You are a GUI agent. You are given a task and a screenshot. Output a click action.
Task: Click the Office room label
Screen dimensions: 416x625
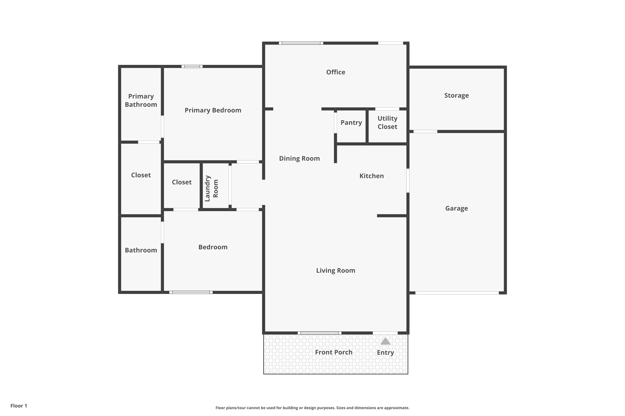(x=335, y=72)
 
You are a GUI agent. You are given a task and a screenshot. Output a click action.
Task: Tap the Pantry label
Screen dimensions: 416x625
(x=351, y=123)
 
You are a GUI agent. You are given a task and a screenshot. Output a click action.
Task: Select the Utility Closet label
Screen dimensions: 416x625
(x=387, y=123)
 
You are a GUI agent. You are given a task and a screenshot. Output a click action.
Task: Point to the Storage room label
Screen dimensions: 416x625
(x=456, y=95)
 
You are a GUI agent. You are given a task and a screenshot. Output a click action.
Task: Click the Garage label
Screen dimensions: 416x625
(x=456, y=208)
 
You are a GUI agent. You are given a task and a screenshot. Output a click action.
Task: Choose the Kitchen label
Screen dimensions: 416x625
(x=371, y=176)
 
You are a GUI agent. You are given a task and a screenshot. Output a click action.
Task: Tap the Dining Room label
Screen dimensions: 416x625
(x=299, y=158)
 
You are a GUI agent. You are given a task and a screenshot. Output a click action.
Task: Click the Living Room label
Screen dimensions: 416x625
(x=335, y=271)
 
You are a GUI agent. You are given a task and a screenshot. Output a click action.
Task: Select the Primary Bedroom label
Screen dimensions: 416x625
(x=213, y=110)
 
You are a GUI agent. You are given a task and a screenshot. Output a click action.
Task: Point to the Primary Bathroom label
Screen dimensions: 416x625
(x=141, y=101)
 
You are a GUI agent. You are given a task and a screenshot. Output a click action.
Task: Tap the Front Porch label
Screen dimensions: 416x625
(x=334, y=352)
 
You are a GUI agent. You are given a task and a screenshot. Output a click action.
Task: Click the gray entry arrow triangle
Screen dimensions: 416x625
(x=385, y=341)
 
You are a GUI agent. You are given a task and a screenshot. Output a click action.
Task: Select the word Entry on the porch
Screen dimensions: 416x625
(x=385, y=353)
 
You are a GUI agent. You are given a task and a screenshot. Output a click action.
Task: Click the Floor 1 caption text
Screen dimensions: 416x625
(x=19, y=406)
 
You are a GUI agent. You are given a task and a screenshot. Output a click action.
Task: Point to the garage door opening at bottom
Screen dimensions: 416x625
(x=457, y=293)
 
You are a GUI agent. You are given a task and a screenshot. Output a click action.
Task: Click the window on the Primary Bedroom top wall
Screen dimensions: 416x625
(x=192, y=66)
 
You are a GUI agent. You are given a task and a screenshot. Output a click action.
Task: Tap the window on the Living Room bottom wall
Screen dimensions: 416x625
(x=320, y=333)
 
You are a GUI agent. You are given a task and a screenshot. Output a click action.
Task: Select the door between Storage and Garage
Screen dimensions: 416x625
(x=425, y=131)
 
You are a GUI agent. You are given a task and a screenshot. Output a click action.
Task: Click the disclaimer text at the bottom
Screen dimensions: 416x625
(x=312, y=408)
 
